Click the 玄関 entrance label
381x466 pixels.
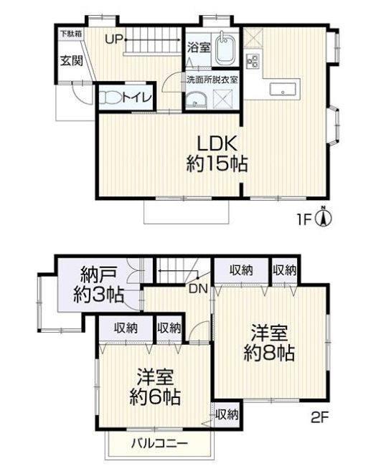(70, 60)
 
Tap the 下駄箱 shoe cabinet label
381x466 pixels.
(70, 33)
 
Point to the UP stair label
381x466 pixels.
(114, 39)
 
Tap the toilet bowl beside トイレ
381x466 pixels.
(109, 97)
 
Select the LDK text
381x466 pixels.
(212, 141)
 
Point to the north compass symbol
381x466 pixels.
(324, 217)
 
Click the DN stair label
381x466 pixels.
(198, 288)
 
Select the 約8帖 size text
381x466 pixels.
(269, 353)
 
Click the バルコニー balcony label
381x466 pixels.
(159, 443)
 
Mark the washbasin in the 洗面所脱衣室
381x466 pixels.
(194, 102)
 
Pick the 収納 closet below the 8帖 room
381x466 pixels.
(226, 414)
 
